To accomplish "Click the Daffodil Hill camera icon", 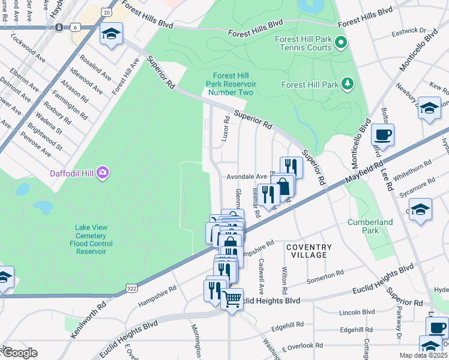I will [103, 173].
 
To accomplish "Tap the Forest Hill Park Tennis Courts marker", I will [341, 42].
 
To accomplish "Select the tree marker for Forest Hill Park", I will [347, 84].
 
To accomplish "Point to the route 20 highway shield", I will [107, 12].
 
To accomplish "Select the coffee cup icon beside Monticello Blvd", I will [382, 133].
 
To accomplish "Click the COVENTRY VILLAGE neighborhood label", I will [309, 251].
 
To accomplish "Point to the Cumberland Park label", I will [370, 226].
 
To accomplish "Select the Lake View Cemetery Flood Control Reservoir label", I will [91, 239].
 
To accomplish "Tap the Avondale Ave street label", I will [246, 177].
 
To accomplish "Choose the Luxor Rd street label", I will [226, 128].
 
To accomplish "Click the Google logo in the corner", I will [19, 353].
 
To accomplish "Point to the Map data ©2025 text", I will [423, 355].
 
